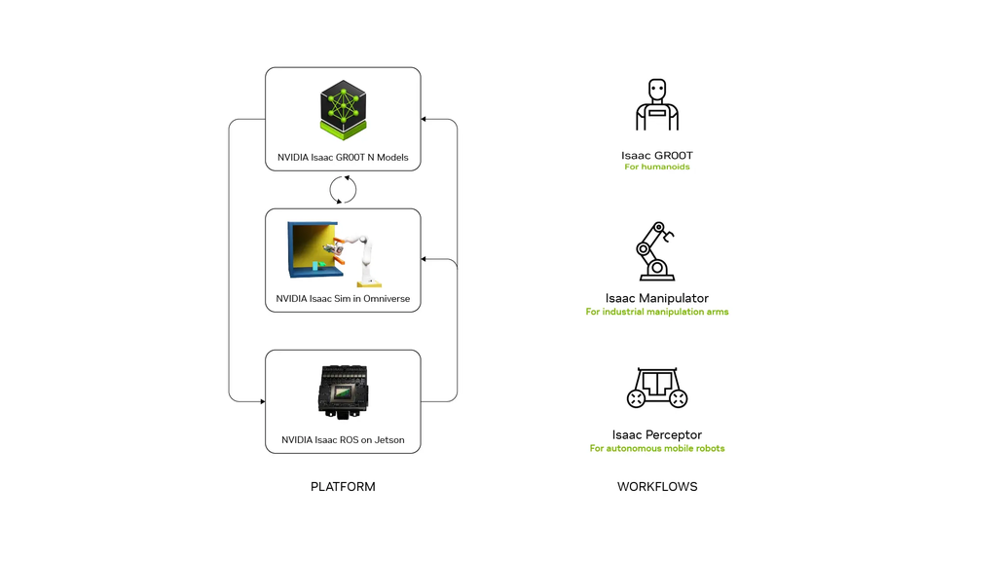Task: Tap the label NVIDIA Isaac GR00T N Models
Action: pyautogui.click(x=343, y=158)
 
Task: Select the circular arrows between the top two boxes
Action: pyautogui.click(x=343, y=189)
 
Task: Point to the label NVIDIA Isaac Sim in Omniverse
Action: pyautogui.click(x=343, y=299)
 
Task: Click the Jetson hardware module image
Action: pyautogui.click(x=343, y=392)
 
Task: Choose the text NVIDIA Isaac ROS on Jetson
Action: pyautogui.click(x=343, y=440)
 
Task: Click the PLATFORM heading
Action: pyautogui.click(x=343, y=487)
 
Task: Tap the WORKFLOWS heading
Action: pyautogui.click(x=657, y=487)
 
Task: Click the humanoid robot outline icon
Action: pyautogui.click(x=657, y=105)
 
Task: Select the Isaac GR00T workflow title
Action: pyautogui.click(x=657, y=156)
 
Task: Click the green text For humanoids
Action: pyautogui.click(x=657, y=168)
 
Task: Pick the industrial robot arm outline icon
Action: pyautogui.click(x=656, y=251)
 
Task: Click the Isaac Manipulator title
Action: pyautogui.click(x=657, y=298)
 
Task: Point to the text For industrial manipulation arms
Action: pyautogui.click(x=657, y=313)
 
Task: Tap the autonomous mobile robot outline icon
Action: pyautogui.click(x=657, y=388)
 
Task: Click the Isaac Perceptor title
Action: pyautogui.click(x=657, y=434)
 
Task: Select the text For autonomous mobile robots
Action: pyautogui.click(x=657, y=449)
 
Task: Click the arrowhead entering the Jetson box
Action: pyautogui.click(x=262, y=401)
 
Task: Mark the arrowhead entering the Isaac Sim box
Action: pyautogui.click(x=425, y=259)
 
